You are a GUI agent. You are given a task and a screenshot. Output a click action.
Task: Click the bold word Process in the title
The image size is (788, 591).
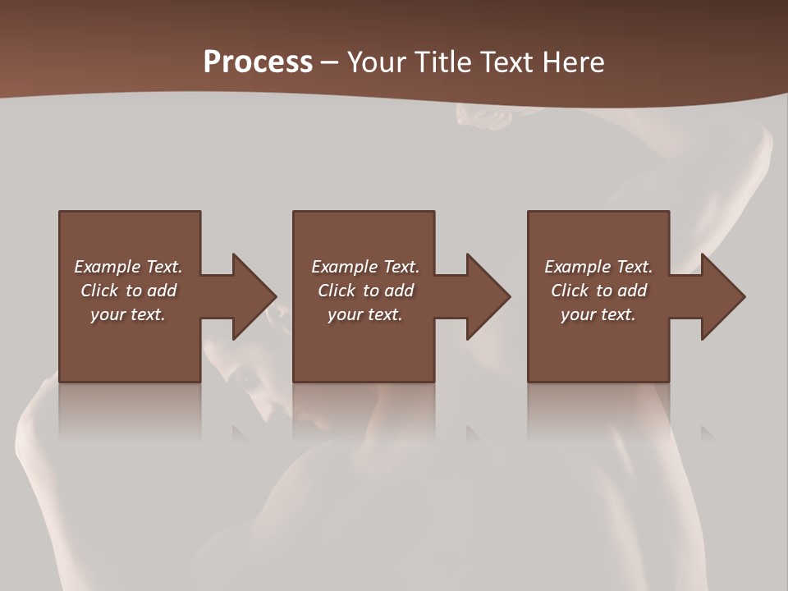[x=258, y=62]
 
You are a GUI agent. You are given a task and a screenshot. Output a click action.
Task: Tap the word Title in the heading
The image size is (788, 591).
[x=443, y=62]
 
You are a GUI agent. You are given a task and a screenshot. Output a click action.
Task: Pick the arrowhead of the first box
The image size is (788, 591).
[x=254, y=296]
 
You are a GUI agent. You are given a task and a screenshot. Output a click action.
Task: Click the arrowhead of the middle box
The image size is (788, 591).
[x=488, y=296]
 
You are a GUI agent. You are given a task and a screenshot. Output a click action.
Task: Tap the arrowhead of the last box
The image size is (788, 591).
[x=723, y=296]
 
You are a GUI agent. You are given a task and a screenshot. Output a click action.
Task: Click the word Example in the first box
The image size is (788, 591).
[x=108, y=267]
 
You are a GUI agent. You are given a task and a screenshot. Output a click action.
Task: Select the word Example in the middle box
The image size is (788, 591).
[x=345, y=267]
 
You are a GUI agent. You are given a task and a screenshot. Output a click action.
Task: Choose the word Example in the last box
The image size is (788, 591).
[x=578, y=267]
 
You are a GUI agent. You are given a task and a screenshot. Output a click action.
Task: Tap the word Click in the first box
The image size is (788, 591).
[x=99, y=291]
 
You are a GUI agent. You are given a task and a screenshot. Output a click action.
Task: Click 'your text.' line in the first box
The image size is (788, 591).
[x=128, y=314]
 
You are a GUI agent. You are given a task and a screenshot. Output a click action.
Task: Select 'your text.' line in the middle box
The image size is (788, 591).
[x=365, y=314]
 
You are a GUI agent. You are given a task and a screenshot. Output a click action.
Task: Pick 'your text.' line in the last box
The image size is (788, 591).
[x=598, y=314]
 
